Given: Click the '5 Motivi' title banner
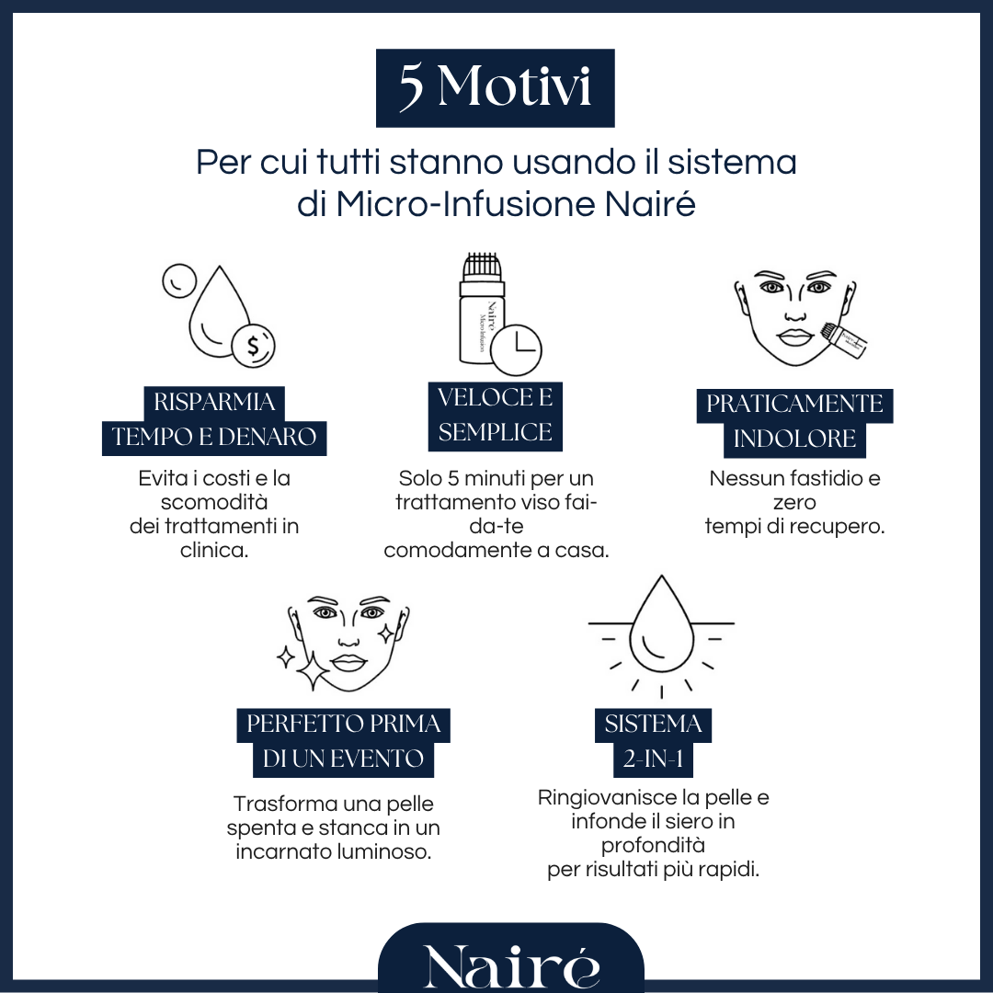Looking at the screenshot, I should tap(495, 87).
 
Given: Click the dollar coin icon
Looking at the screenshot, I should tap(251, 346).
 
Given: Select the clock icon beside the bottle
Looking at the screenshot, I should tap(517, 349).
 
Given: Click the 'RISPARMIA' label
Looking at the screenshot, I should tap(214, 403).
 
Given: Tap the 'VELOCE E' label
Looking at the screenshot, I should tap(495, 398).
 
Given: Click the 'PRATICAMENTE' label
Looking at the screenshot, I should tap(794, 405).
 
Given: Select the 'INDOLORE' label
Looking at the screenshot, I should tap(794, 439).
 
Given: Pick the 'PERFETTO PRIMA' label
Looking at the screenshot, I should tap(343, 725).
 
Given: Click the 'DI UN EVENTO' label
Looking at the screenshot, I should tap(343, 759).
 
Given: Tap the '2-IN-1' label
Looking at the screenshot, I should tap(653, 759).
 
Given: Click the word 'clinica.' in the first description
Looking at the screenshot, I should tap(214, 551).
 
